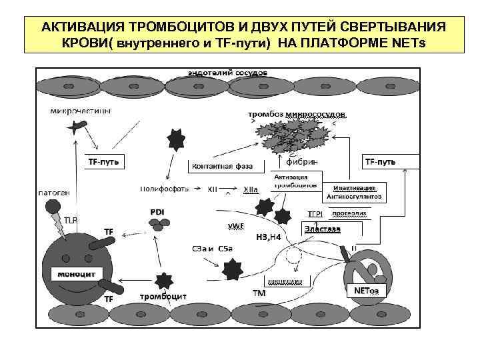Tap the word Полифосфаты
(164, 189)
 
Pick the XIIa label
(251, 189)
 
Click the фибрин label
(301, 161)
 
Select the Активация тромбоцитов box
(291, 181)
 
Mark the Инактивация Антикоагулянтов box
(354, 192)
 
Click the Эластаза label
(322, 229)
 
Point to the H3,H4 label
(269, 237)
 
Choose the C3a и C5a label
(212, 249)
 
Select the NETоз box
(365, 290)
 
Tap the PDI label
(157, 212)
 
